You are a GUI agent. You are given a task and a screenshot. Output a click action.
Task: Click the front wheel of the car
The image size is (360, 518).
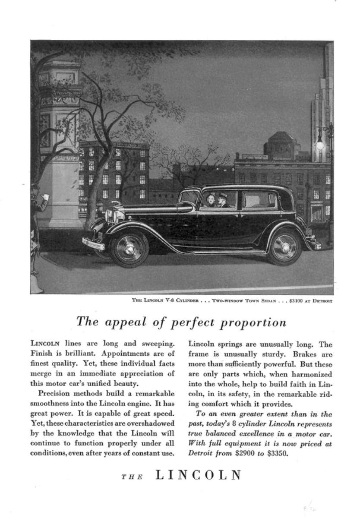[x=129, y=249]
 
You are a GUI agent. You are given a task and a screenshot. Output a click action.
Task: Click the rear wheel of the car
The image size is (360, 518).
[x=285, y=247]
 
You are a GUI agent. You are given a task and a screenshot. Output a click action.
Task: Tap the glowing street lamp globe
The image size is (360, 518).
[x=320, y=145]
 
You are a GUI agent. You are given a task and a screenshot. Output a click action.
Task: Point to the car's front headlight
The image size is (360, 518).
[x=109, y=215]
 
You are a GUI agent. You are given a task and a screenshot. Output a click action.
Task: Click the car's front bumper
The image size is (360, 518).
[x=93, y=244]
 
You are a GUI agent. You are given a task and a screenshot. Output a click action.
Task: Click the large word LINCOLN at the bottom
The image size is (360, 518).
[x=198, y=475]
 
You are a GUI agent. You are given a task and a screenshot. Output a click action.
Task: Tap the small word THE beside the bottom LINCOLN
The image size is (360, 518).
[x=130, y=477]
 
